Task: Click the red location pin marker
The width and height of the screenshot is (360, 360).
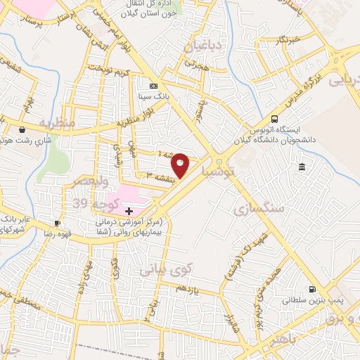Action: click(181, 165)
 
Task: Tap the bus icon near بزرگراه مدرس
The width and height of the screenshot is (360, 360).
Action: click(274, 119)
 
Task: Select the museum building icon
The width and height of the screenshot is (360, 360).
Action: click(302, 167)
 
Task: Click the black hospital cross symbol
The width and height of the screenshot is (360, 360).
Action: click(129, 211)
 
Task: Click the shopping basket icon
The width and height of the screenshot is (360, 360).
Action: click(23, 129)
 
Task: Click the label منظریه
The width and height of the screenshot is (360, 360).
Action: click(57, 122)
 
